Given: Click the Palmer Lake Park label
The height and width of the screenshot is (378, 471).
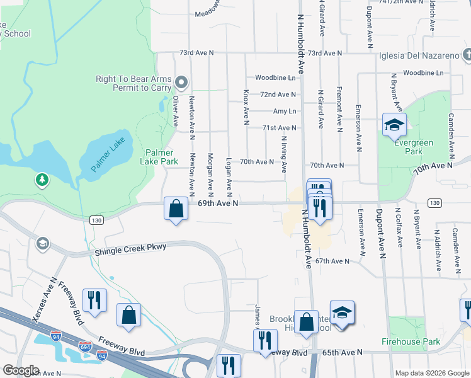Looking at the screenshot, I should [x=161, y=157].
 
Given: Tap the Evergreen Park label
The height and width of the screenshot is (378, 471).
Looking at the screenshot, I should [x=414, y=147].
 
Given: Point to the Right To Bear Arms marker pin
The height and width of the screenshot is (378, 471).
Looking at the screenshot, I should [x=182, y=82].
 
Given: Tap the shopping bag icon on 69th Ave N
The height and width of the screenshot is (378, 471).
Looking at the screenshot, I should [x=177, y=209].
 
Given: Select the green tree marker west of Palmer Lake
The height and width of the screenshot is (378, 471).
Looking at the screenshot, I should [x=42, y=180].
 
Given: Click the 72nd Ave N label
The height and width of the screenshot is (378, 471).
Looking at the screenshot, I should [x=278, y=94].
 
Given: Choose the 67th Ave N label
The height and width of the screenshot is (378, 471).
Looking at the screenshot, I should [x=332, y=261].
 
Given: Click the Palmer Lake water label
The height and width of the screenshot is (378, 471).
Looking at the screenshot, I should [x=109, y=155].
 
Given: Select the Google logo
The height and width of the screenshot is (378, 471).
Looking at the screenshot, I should [x=21, y=370].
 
